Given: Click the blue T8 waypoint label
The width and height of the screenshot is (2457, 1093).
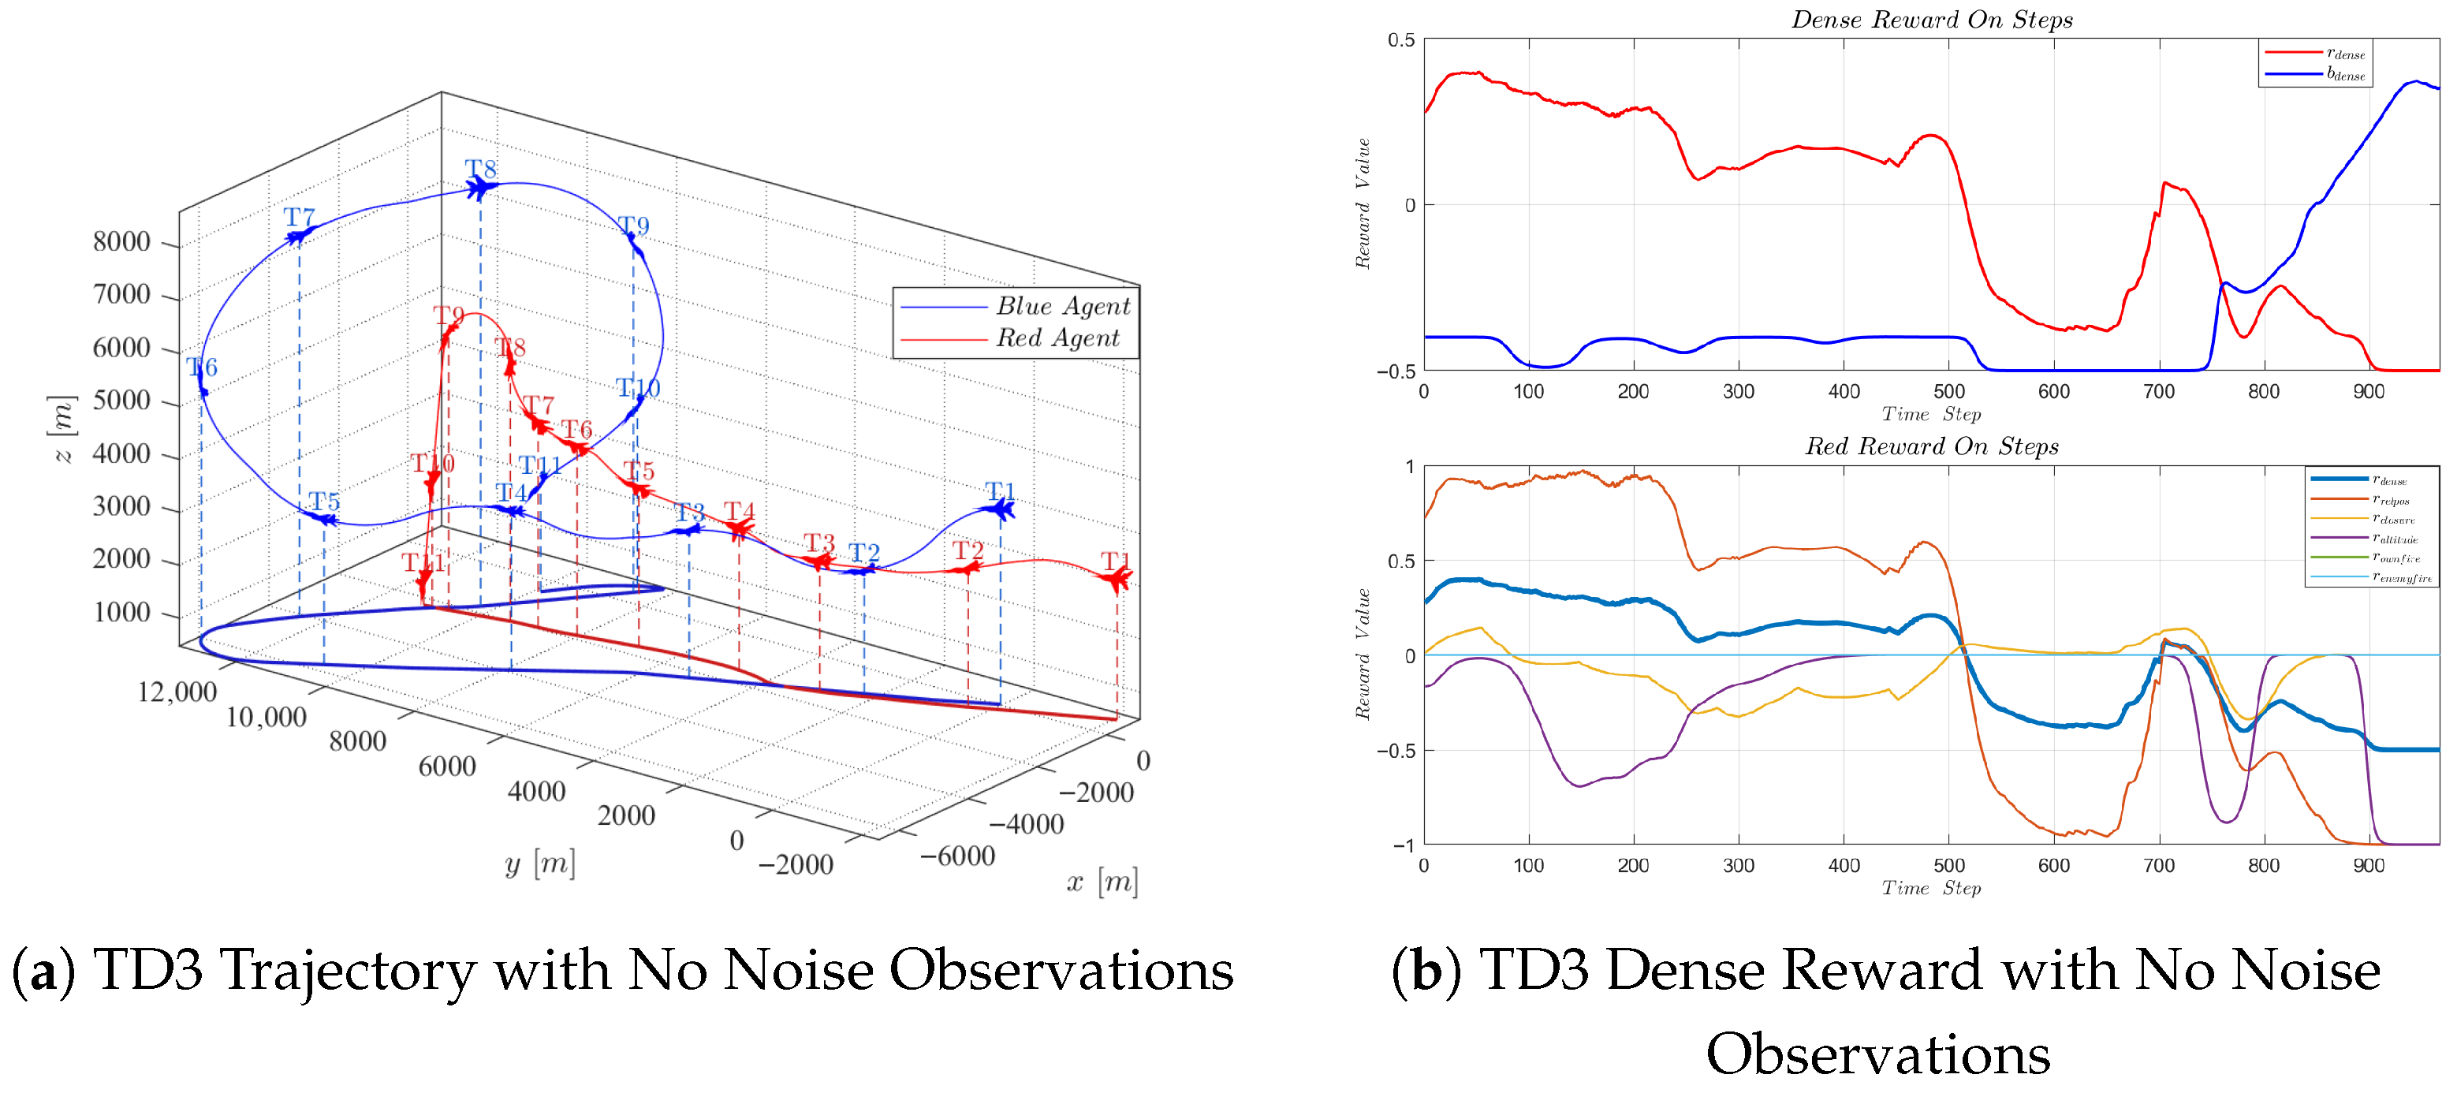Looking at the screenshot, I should (479, 169).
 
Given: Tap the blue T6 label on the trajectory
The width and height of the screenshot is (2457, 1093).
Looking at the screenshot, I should (201, 367).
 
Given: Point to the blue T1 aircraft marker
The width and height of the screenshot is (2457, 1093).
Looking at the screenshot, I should (1001, 510).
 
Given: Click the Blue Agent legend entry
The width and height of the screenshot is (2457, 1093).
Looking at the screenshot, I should (1061, 306).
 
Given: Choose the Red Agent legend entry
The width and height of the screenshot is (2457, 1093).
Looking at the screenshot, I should (1057, 338).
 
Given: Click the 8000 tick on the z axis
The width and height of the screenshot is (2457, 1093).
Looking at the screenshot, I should (121, 242).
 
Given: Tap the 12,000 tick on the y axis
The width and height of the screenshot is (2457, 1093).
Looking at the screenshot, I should (177, 692).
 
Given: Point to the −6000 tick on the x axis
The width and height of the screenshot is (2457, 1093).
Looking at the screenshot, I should (956, 856).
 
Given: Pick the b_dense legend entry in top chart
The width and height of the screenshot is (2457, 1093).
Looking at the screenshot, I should (2344, 74).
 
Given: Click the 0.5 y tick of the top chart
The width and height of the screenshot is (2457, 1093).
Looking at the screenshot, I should (1400, 40).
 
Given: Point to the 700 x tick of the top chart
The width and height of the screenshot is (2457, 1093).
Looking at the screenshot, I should (2158, 391).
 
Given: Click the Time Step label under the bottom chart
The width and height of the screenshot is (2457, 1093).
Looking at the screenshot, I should (1930, 888).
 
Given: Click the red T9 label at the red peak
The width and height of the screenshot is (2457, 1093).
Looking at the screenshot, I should (449, 315).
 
